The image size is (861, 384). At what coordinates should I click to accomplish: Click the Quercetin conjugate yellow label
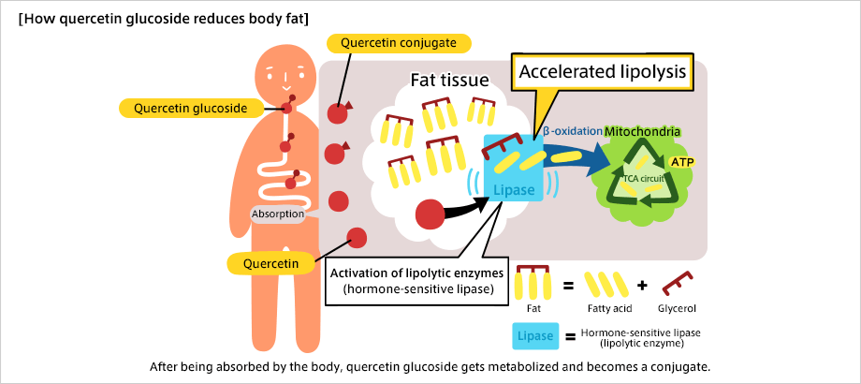398,43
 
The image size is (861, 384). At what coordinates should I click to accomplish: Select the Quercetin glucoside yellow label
190,108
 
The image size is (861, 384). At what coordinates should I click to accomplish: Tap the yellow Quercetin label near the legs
270,263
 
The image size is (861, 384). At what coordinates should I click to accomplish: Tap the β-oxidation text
571,132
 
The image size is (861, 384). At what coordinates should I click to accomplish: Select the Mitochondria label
641,132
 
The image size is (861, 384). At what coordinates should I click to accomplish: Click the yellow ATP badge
682,162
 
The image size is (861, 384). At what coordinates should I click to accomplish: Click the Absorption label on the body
277,214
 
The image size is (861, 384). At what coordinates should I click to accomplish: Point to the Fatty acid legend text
611,307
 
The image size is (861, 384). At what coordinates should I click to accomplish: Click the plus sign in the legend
641,283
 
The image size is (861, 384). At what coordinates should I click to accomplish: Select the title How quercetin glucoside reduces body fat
164,18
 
